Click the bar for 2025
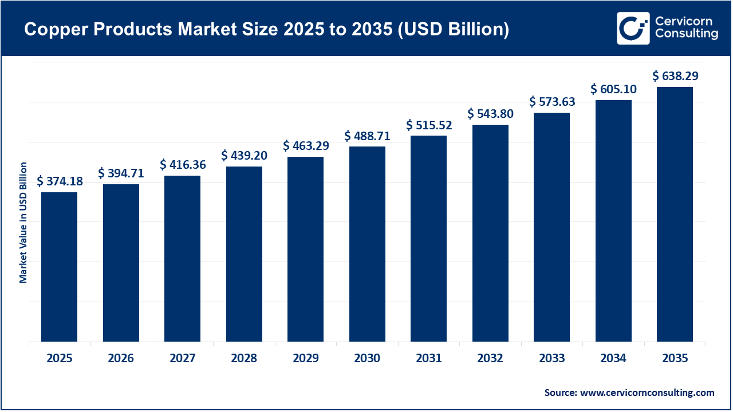[59, 267]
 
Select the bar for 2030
[367, 244]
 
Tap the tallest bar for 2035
[675, 215]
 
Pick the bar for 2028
[244, 254]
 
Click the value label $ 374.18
[60, 181]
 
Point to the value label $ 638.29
[675, 76]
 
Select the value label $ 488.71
[367, 136]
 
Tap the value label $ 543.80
[490, 114]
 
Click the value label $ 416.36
[183, 165]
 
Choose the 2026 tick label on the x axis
[121, 359]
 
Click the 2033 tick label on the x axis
[551, 359]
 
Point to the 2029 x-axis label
[305, 359]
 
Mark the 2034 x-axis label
[613, 359]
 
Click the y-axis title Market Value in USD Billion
[23, 223]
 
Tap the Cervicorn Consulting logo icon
[633, 28]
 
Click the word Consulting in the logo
[686, 34]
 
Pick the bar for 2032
[490, 233]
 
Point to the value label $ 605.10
[613, 89]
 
